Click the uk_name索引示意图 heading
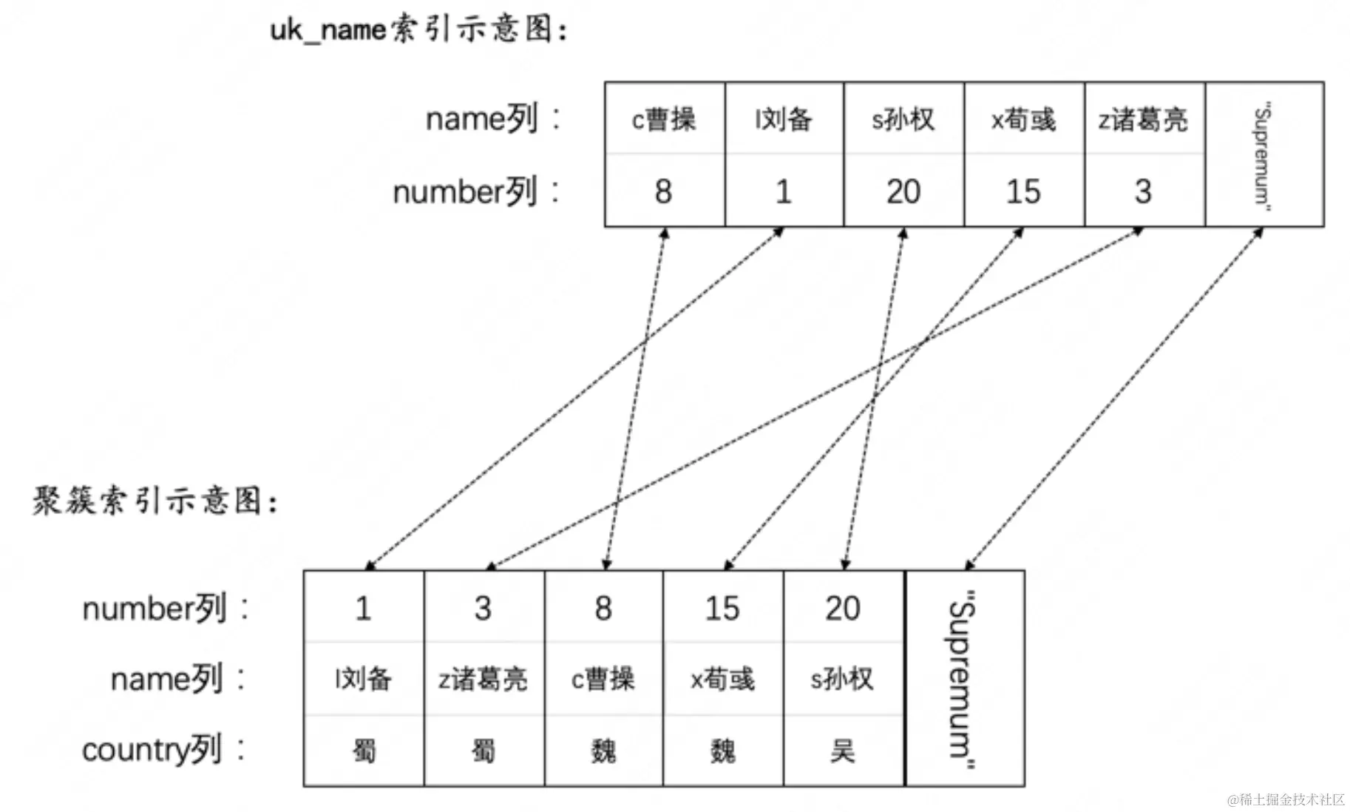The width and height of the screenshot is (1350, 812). pos(418,30)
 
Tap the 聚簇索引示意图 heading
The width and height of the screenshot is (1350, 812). pos(155,501)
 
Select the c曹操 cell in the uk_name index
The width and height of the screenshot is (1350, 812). pos(664,119)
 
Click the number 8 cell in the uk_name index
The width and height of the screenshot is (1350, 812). pos(663,192)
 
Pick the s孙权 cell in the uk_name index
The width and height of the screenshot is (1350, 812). pos(903,119)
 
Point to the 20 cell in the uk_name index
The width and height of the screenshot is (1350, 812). pos(903,192)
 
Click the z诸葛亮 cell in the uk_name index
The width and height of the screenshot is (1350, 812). pos(1143,119)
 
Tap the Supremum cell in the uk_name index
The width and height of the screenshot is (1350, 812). pos(1263,155)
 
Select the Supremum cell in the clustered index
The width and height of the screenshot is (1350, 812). pos(963,678)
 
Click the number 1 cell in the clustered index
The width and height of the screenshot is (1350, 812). pos(363,608)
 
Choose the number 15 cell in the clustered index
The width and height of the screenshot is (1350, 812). pos(722,608)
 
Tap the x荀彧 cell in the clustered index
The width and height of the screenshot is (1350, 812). pos(722,678)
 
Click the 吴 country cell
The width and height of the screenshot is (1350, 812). pos(842,751)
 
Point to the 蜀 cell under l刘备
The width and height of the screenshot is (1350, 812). pos(363,751)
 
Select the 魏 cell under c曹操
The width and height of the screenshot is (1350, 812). pos(603,751)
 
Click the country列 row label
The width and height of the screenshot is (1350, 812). pos(163,750)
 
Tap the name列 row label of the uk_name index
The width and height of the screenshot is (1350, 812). pos(492,119)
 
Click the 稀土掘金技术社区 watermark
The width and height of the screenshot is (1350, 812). pos(1286,799)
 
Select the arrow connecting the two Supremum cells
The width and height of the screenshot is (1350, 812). pos(1114,399)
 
